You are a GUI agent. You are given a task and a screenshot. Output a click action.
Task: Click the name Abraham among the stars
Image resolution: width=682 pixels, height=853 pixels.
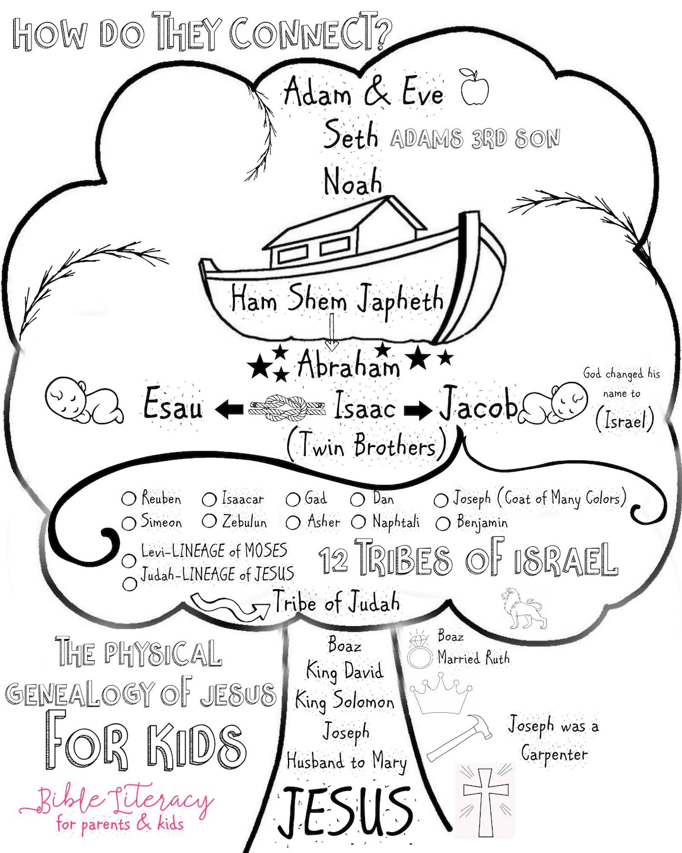click(x=349, y=365)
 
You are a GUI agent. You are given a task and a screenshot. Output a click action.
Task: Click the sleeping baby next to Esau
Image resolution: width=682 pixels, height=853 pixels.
click(x=85, y=401)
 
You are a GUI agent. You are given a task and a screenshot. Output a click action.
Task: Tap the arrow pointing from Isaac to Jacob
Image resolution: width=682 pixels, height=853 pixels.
click(x=417, y=411)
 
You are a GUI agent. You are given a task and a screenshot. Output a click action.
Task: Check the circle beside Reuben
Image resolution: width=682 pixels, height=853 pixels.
click(x=129, y=499)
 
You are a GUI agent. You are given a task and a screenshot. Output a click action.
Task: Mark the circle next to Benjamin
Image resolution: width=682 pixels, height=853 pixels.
click(x=443, y=523)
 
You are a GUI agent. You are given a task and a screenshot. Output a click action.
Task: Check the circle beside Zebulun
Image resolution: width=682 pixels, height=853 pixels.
click(x=210, y=522)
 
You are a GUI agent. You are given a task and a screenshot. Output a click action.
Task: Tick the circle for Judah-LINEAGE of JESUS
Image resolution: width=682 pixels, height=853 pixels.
click(x=129, y=583)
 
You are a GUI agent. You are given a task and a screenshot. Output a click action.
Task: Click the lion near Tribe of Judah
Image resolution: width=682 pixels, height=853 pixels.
click(x=523, y=609)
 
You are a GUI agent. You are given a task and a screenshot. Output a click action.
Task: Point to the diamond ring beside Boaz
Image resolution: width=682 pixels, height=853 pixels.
click(x=417, y=650)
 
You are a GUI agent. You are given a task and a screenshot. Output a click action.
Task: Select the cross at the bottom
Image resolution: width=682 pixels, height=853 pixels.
click(x=486, y=799)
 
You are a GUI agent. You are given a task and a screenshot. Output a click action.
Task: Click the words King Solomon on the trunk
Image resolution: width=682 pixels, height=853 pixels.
click(x=345, y=701)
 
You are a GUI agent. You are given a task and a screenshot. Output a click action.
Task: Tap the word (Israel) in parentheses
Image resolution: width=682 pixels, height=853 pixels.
click(x=624, y=420)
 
